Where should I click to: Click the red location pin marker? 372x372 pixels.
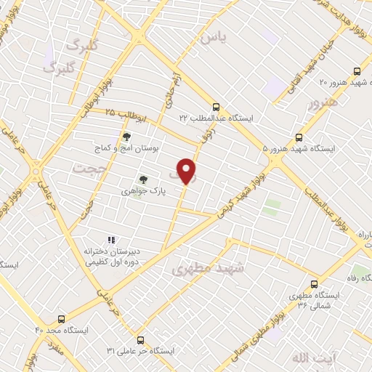pyautogui.click(x=187, y=171)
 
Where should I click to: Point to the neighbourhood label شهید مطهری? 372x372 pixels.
pyautogui.click(x=210, y=269)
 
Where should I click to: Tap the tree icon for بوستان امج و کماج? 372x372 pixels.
pyautogui.click(x=127, y=136)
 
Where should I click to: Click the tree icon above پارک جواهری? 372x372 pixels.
pyautogui.click(x=143, y=179)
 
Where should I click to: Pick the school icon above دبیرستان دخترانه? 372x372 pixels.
pyautogui.click(x=111, y=240)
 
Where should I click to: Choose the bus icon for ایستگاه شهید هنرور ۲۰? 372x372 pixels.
pyautogui.click(x=356, y=71)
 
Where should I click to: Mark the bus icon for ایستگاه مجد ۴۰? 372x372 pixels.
pyautogui.click(x=60, y=318)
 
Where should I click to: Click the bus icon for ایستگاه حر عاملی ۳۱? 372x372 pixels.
pyautogui.click(x=141, y=339)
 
